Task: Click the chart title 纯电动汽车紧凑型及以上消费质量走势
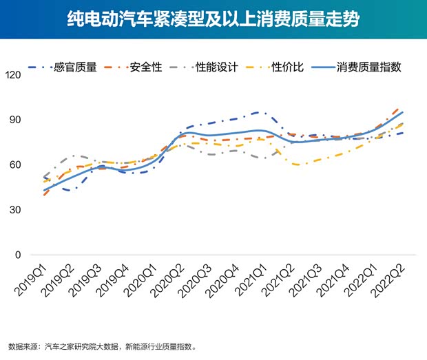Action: click(213, 19)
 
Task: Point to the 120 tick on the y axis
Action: click(12, 74)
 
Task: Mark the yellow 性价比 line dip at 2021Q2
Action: click(296, 165)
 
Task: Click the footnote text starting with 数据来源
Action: click(103, 346)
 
